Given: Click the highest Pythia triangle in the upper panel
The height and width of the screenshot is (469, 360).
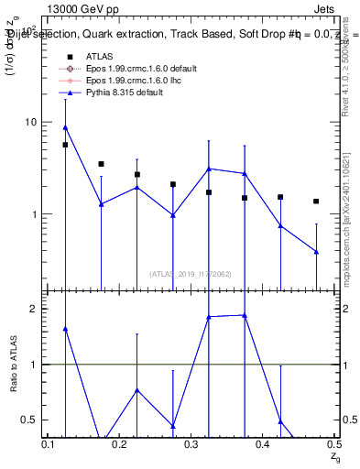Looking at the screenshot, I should pos(65,127).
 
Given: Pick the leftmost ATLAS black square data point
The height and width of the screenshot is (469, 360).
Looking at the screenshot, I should pos(65,145).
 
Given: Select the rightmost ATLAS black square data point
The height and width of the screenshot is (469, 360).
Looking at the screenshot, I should pos(316,202).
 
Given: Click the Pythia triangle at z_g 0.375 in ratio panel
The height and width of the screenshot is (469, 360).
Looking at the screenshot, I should pos(245,315).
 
